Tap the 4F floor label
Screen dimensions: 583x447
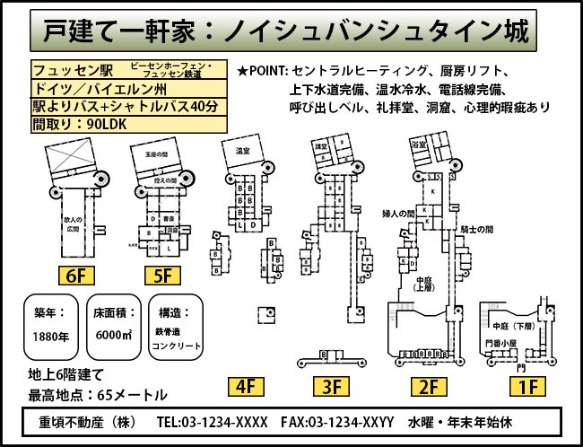pyautogui.click(x=247, y=387)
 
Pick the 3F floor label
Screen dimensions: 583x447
pyautogui.click(x=331, y=387)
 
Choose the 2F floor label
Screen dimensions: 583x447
pyautogui.click(x=427, y=387)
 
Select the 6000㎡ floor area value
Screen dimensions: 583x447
pyautogui.click(x=115, y=337)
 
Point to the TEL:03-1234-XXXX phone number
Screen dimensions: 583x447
pyautogui.click(x=212, y=422)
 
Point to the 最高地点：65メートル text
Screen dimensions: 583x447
pyautogui.click(x=97, y=394)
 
